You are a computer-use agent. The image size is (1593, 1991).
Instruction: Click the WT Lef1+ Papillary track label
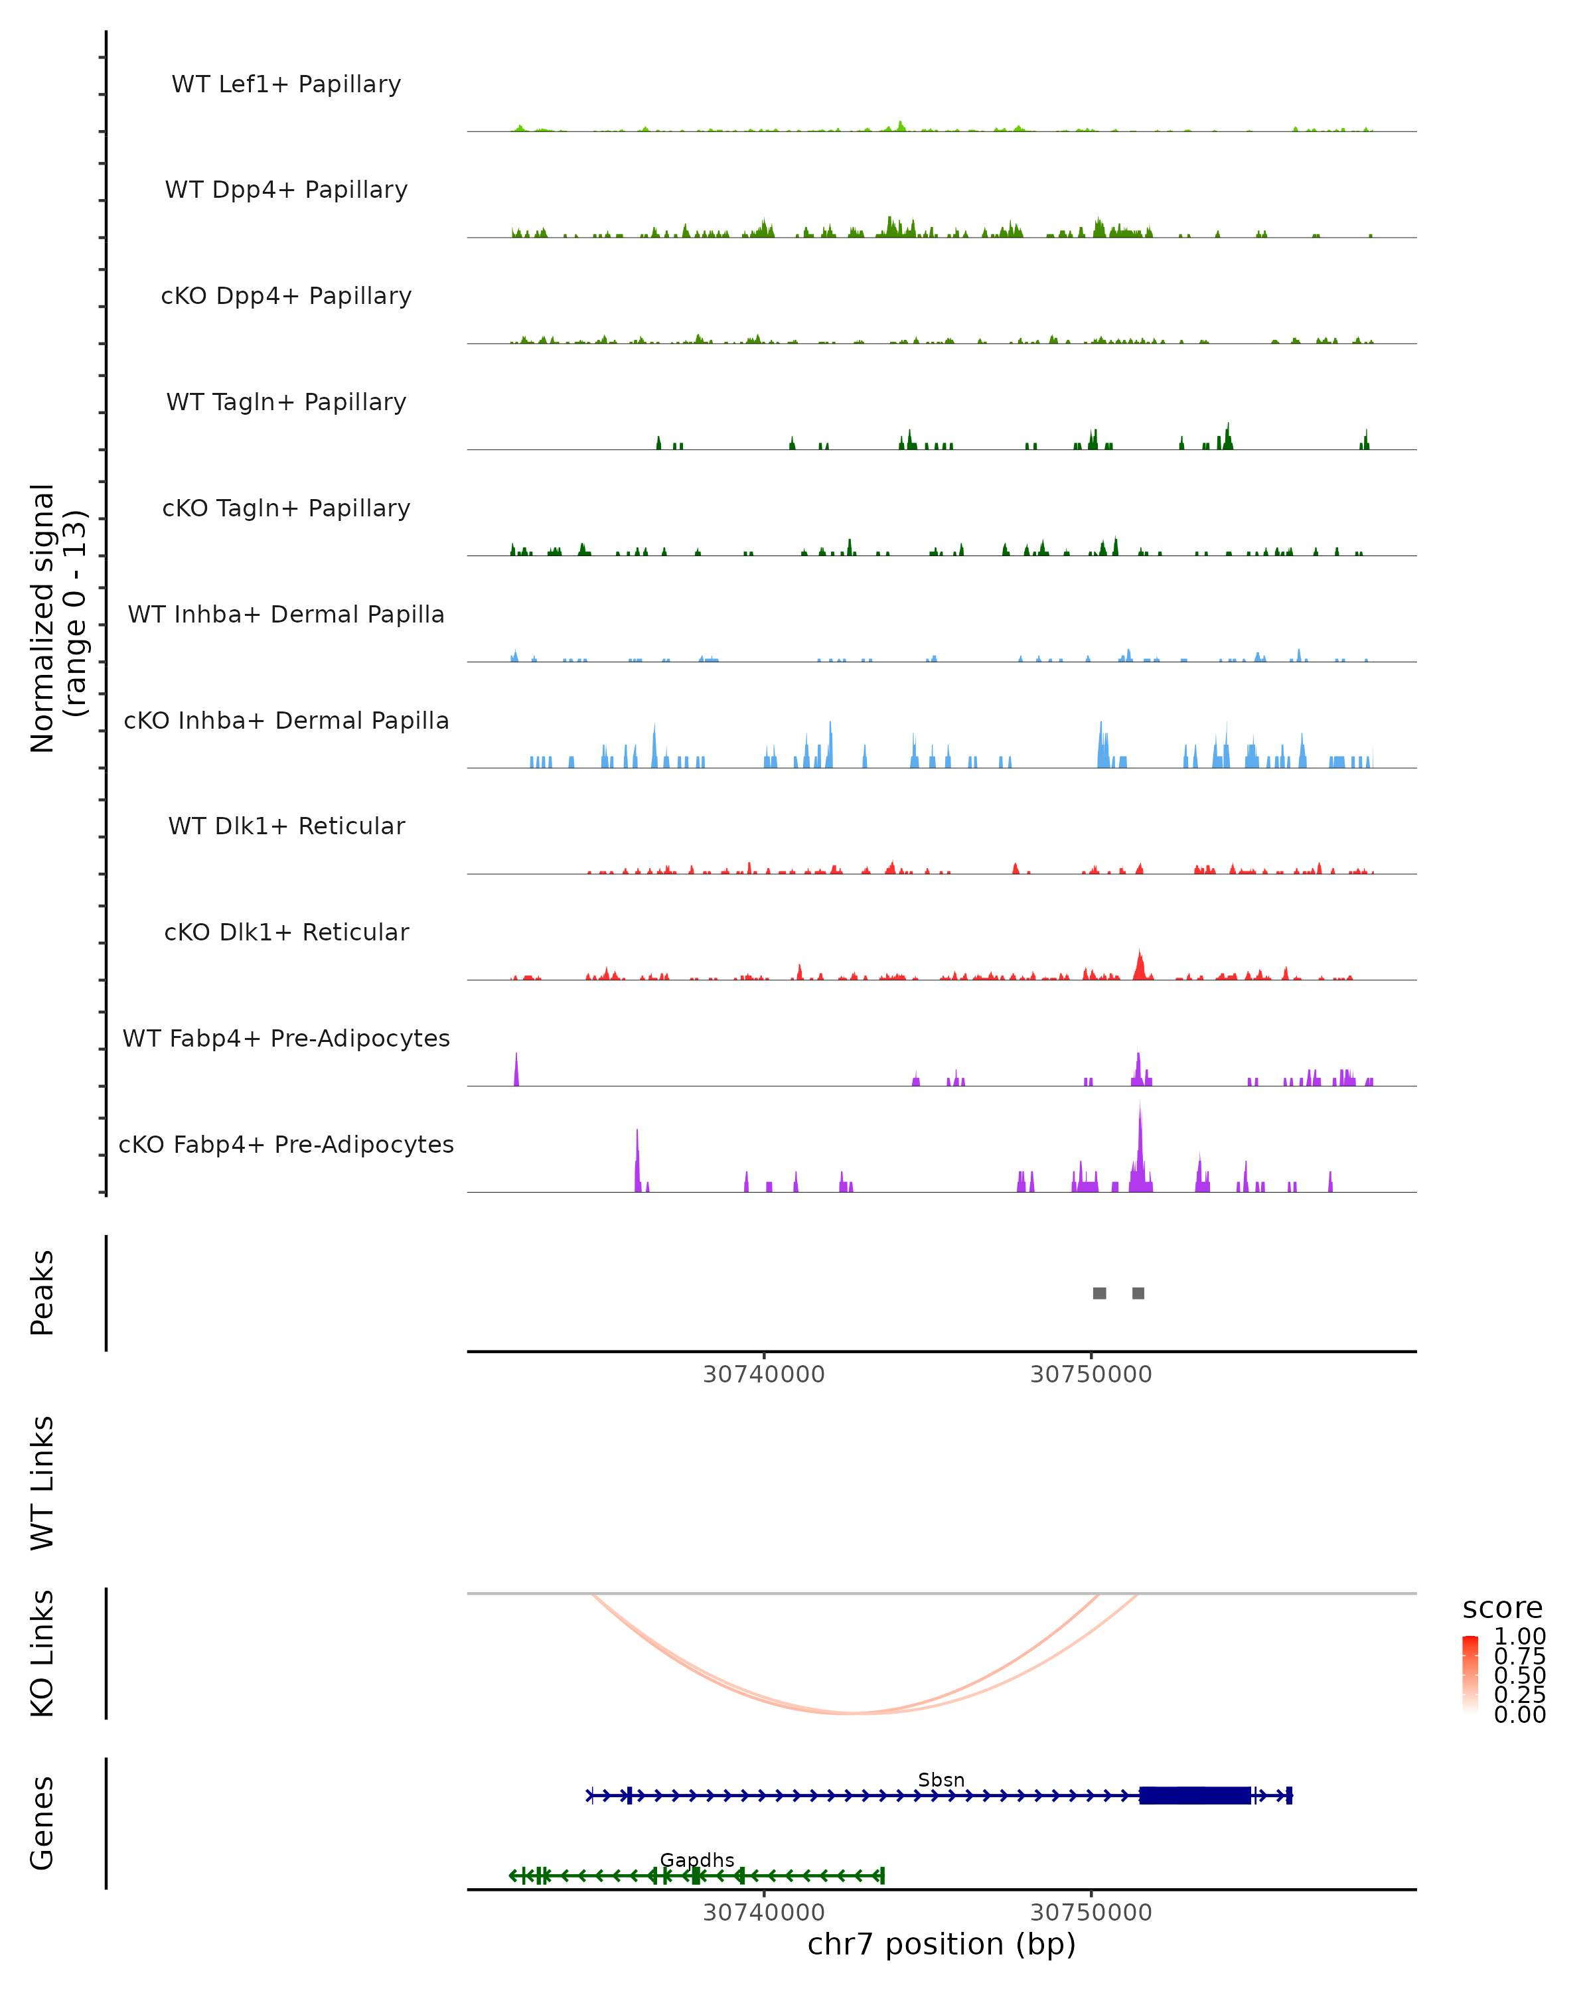(x=286, y=85)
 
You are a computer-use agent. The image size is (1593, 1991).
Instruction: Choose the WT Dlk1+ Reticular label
(x=286, y=826)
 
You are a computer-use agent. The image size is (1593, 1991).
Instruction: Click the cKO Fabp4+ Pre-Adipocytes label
(x=286, y=1145)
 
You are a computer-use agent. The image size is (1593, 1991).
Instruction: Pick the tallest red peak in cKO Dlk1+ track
(x=1140, y=965)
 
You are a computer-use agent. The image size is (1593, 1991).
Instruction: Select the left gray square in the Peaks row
(x=1099, y=1293)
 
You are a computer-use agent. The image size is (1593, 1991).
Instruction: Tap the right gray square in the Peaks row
(x=1138, y=1293)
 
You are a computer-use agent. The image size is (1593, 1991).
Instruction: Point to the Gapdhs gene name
(x=697, y=1860)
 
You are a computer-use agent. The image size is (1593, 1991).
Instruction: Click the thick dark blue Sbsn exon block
(x=1195, y=1795)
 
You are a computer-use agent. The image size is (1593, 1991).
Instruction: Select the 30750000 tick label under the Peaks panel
(x=1091, y=1375)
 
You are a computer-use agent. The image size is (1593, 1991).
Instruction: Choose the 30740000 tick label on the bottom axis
(x=764, y=1913)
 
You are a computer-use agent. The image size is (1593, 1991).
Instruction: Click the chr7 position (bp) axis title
(x=941, y=1945)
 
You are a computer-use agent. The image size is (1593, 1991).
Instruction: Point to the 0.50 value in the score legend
(x=1519, y=1675)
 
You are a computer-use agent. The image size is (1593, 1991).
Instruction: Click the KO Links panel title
(x=42, y=1653)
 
